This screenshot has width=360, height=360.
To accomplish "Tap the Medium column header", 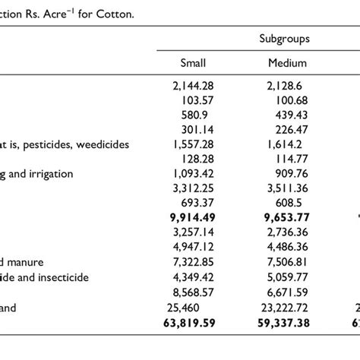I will point(287,64).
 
